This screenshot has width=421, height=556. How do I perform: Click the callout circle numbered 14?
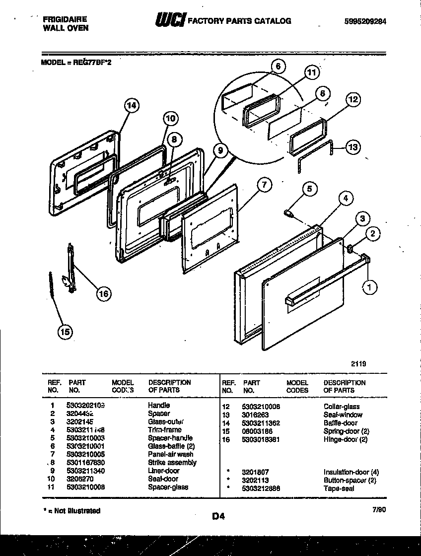(x=131, y=105)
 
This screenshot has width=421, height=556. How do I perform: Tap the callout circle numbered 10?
(x=170, y=118)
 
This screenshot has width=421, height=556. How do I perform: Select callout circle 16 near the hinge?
(x=103, y=294)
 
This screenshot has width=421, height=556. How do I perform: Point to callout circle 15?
(x=65, y=332)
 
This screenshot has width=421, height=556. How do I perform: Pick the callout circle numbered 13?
(x=352, y=147)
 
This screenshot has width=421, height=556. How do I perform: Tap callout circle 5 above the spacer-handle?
(x=309, y=188)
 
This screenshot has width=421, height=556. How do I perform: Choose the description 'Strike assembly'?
(x=172, y=463)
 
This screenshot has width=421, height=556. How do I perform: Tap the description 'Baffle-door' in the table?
(x=340, y=423)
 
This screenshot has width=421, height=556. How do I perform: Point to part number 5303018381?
(x=262, y=439)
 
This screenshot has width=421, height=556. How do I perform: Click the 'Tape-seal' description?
(x=339, y=488)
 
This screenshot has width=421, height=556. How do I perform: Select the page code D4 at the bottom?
(x=218, y=516)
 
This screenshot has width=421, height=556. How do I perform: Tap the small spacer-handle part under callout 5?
(x=288, y=213)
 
